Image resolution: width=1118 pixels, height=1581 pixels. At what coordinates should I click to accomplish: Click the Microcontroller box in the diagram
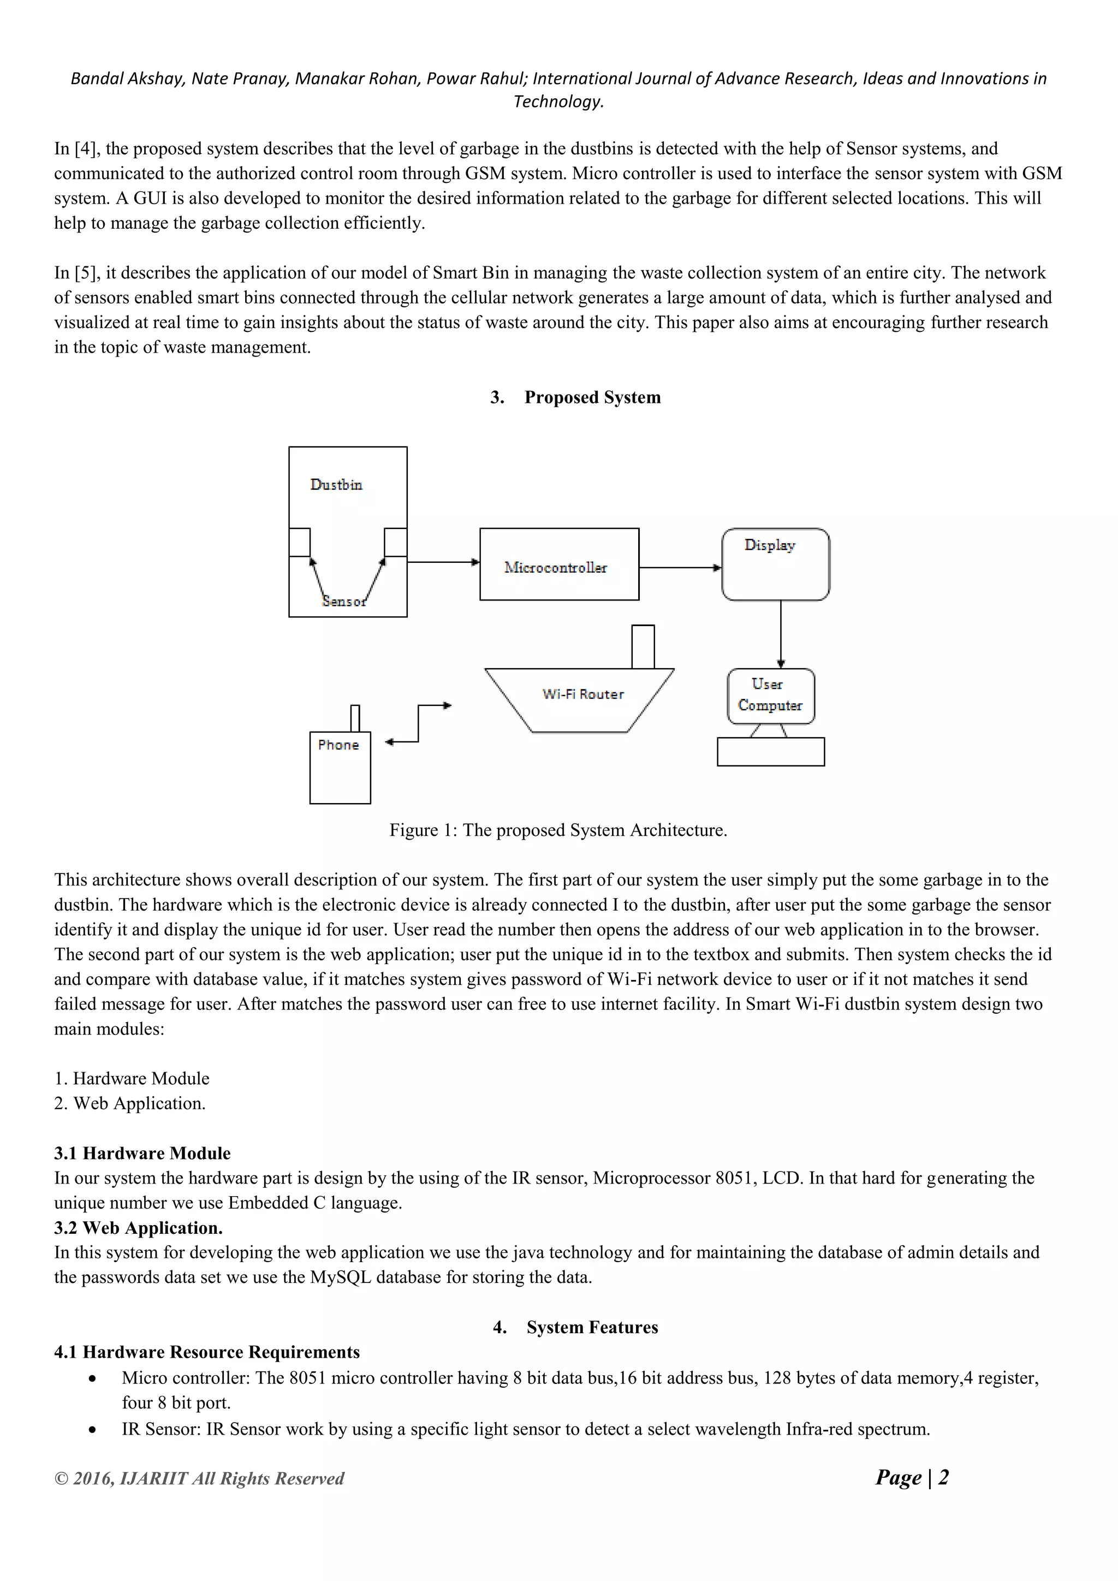point(558,564)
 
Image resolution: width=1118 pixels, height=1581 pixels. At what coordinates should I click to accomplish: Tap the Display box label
point(769,545)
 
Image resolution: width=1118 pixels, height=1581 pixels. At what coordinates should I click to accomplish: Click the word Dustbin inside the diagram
point(336,485)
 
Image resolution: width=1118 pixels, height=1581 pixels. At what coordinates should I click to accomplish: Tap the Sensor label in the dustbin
point(344,602)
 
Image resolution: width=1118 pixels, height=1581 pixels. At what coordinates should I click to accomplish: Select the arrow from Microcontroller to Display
point(680,568)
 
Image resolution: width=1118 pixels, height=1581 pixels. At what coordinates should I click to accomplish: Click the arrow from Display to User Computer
point(780,633)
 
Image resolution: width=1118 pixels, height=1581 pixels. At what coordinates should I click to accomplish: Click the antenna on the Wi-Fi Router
point(643,646)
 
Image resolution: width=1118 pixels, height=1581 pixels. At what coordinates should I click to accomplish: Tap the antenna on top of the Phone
point(355,718)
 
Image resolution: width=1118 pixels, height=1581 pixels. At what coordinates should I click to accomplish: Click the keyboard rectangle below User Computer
point(770,752)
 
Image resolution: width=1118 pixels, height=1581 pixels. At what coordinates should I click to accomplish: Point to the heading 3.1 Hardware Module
point(142,1154)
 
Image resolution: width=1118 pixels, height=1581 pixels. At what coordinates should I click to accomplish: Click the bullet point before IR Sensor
point(92,1430)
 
